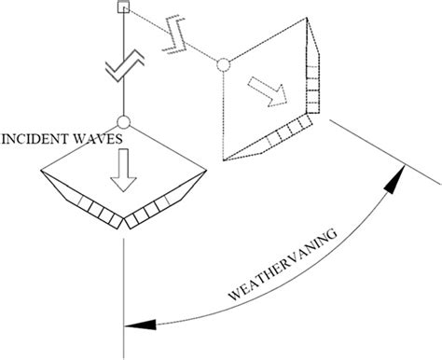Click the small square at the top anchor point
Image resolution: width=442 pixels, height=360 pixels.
click(x=123, y=8)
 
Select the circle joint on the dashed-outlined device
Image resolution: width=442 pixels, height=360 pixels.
click(x=223, y=64)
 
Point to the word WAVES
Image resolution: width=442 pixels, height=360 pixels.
click(x=97, y=140)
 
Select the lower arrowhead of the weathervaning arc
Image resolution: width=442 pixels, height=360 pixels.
click(x=138, y=325)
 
